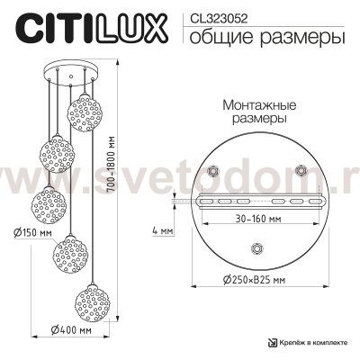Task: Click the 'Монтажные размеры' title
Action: point(254,112)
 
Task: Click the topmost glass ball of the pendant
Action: point(87,111)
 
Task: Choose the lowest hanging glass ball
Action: point(95,300)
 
